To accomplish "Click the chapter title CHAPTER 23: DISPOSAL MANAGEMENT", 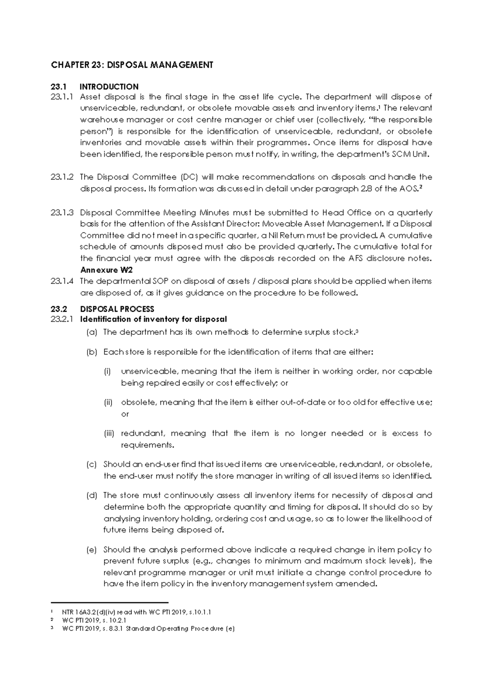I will pos(131,65).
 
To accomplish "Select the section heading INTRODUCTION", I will pos(109,87).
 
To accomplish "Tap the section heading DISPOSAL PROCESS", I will pos(117,309).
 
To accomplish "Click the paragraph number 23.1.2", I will pos(62,177).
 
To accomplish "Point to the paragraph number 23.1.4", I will pos(62,281).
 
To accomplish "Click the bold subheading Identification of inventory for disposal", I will pos(153,319).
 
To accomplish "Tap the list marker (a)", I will pos(92,332).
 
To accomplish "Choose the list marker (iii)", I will pos(109,434).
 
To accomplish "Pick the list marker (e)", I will pos(92,550).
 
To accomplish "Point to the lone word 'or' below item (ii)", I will pos(125,414).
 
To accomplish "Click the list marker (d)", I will pos(92,495).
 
